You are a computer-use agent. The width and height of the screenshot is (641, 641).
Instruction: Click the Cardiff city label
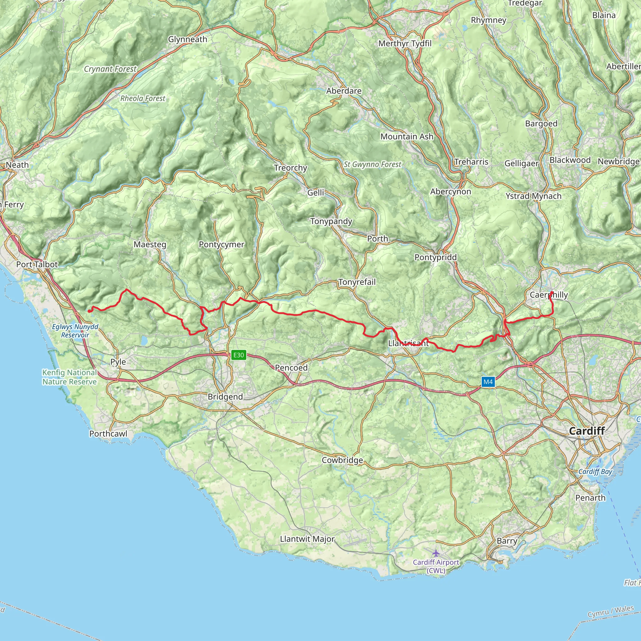click(x=587, y=431)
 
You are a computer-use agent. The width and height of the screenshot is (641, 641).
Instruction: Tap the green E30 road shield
click(x=238, y=355)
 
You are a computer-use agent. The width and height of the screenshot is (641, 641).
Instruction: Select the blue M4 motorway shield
click(x=488, y=382)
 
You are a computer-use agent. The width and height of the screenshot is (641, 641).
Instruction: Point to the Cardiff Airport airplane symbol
click(x=436, y=553)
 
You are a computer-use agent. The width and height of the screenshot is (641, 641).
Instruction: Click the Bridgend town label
click(x=225, y=397)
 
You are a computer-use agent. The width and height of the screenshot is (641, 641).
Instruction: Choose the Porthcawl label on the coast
click(x=108, y=433)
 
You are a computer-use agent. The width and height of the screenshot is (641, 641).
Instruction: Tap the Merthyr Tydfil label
click(x=405, y=44)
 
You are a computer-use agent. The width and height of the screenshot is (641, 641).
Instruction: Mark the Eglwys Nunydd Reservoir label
click(x=75, y=331)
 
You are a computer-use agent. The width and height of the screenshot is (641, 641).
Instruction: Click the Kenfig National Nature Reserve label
click(x=69, y=377)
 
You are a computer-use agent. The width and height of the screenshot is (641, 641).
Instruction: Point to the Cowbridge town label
click(x=342, y=460)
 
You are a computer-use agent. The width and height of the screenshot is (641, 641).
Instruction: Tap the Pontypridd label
click(x=436, y=257)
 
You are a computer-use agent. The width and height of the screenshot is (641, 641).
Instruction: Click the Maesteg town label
click(x=150, y=244)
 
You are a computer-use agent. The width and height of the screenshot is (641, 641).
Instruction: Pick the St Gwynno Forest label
click(x=372, y=164)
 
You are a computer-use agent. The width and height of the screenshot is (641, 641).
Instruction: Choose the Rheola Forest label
click(x=143, y=99)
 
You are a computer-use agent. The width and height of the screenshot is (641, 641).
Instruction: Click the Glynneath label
click(x=187, y=39)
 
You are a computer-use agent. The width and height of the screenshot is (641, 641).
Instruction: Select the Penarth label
click(x=591, y=498)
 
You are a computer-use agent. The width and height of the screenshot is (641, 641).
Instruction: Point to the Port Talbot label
click(x=37, y=264)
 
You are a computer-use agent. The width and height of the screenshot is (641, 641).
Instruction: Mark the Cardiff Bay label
click(x=595, y=471)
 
